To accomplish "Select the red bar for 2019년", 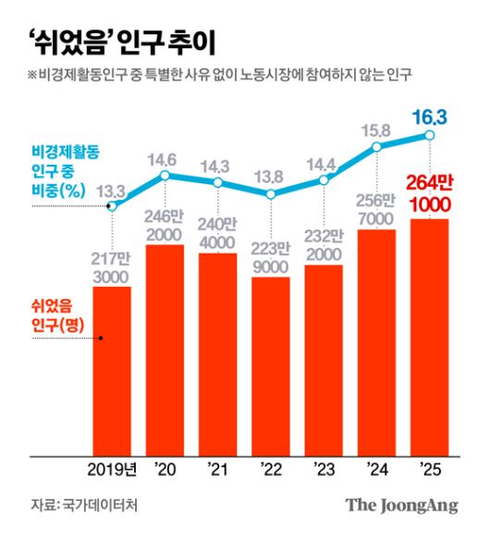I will point(112,370).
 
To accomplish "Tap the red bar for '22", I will point(271,366).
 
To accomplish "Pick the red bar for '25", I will point(430,338).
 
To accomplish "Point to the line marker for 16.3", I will point(430,136).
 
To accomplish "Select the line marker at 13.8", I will point(271,194).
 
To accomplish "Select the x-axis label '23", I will point(324,466).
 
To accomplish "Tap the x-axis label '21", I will point(218,466).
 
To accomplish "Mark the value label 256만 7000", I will point(376,209).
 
